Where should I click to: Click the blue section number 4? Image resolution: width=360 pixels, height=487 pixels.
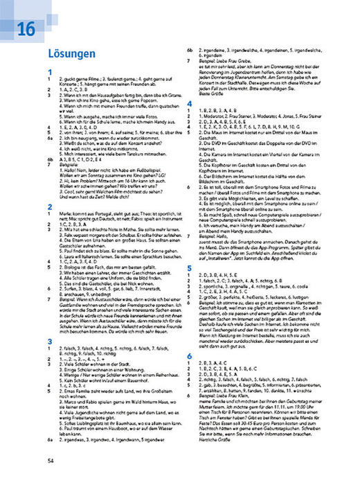tap(190, 103)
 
